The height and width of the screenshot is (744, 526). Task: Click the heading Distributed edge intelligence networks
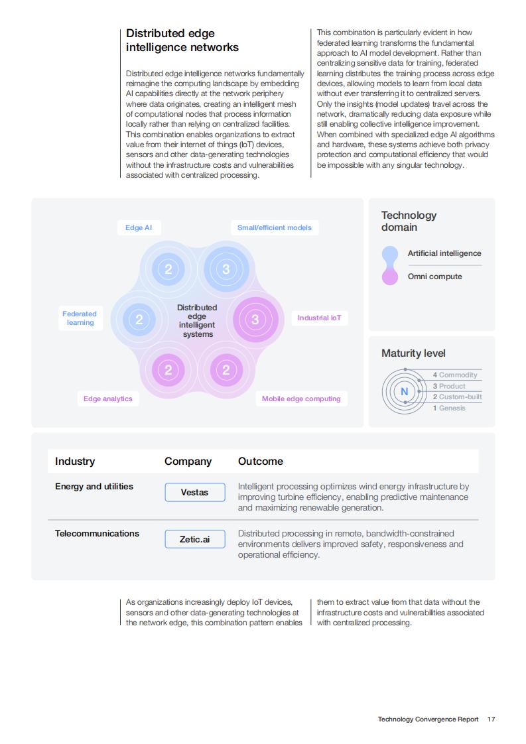pos(182,40)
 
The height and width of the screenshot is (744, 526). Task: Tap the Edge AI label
pos(139,227)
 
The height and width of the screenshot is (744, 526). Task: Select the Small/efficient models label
pos(275,227)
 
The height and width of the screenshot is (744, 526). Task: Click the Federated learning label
pos(80,318)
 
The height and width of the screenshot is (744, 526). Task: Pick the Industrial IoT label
pos(320,318)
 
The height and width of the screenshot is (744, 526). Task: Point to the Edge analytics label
pos(107,399)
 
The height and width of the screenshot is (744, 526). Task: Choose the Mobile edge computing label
pos(301,399)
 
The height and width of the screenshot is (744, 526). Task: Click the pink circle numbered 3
pos(255,320)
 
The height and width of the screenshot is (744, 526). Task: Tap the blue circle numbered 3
pos(226,269)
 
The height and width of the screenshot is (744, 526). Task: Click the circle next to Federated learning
pos(139,320)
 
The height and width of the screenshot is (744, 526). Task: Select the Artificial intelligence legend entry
pos(444,253)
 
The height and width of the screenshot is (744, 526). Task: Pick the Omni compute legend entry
pos(435,277)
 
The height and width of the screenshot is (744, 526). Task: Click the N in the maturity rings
pos(405,391)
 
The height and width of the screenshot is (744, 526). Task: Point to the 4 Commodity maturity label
pos(455,375)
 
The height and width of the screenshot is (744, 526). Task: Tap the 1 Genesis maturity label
pos(449,408)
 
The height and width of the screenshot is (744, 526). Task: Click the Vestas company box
pos(194,492)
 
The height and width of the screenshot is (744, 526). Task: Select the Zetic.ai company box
pos(194,539)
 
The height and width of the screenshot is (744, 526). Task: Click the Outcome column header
pos(261,462)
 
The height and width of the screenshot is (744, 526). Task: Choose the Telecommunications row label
pos(97,533)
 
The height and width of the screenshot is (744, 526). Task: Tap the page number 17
pos(492,719)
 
